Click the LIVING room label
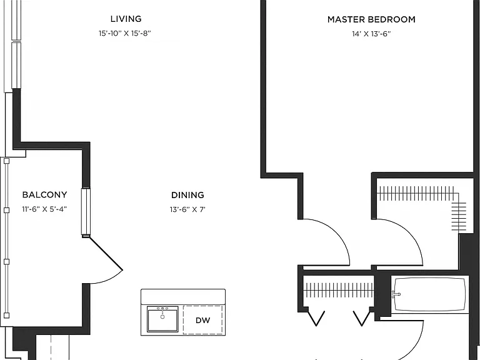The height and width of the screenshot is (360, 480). tap(126, 19)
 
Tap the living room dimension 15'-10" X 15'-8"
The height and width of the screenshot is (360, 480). tap(125, 33)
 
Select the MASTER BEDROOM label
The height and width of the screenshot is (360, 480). tap(371, 19)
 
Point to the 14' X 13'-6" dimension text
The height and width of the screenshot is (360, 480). tap(371, 34)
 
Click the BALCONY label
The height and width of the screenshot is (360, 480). tap(45, 195)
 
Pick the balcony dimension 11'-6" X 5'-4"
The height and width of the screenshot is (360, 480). tap(44, 209)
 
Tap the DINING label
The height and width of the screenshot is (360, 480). tap(187, 195)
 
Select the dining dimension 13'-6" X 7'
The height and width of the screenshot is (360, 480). tap(187, 209)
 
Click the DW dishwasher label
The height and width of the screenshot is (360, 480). tap(203, 320)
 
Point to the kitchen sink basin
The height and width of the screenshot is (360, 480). tap(162, 319)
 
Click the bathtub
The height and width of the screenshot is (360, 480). tap(430, 294)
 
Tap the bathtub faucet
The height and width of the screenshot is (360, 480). tap(396, 294)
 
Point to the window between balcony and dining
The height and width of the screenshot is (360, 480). tap(86, 211)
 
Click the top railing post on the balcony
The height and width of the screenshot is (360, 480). tap(6, 161)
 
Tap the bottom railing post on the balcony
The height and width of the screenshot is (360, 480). tap(6, 315)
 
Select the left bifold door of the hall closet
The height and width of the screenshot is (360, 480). tap(316, 318)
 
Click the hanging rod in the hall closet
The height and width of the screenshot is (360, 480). tap(339, 290)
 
